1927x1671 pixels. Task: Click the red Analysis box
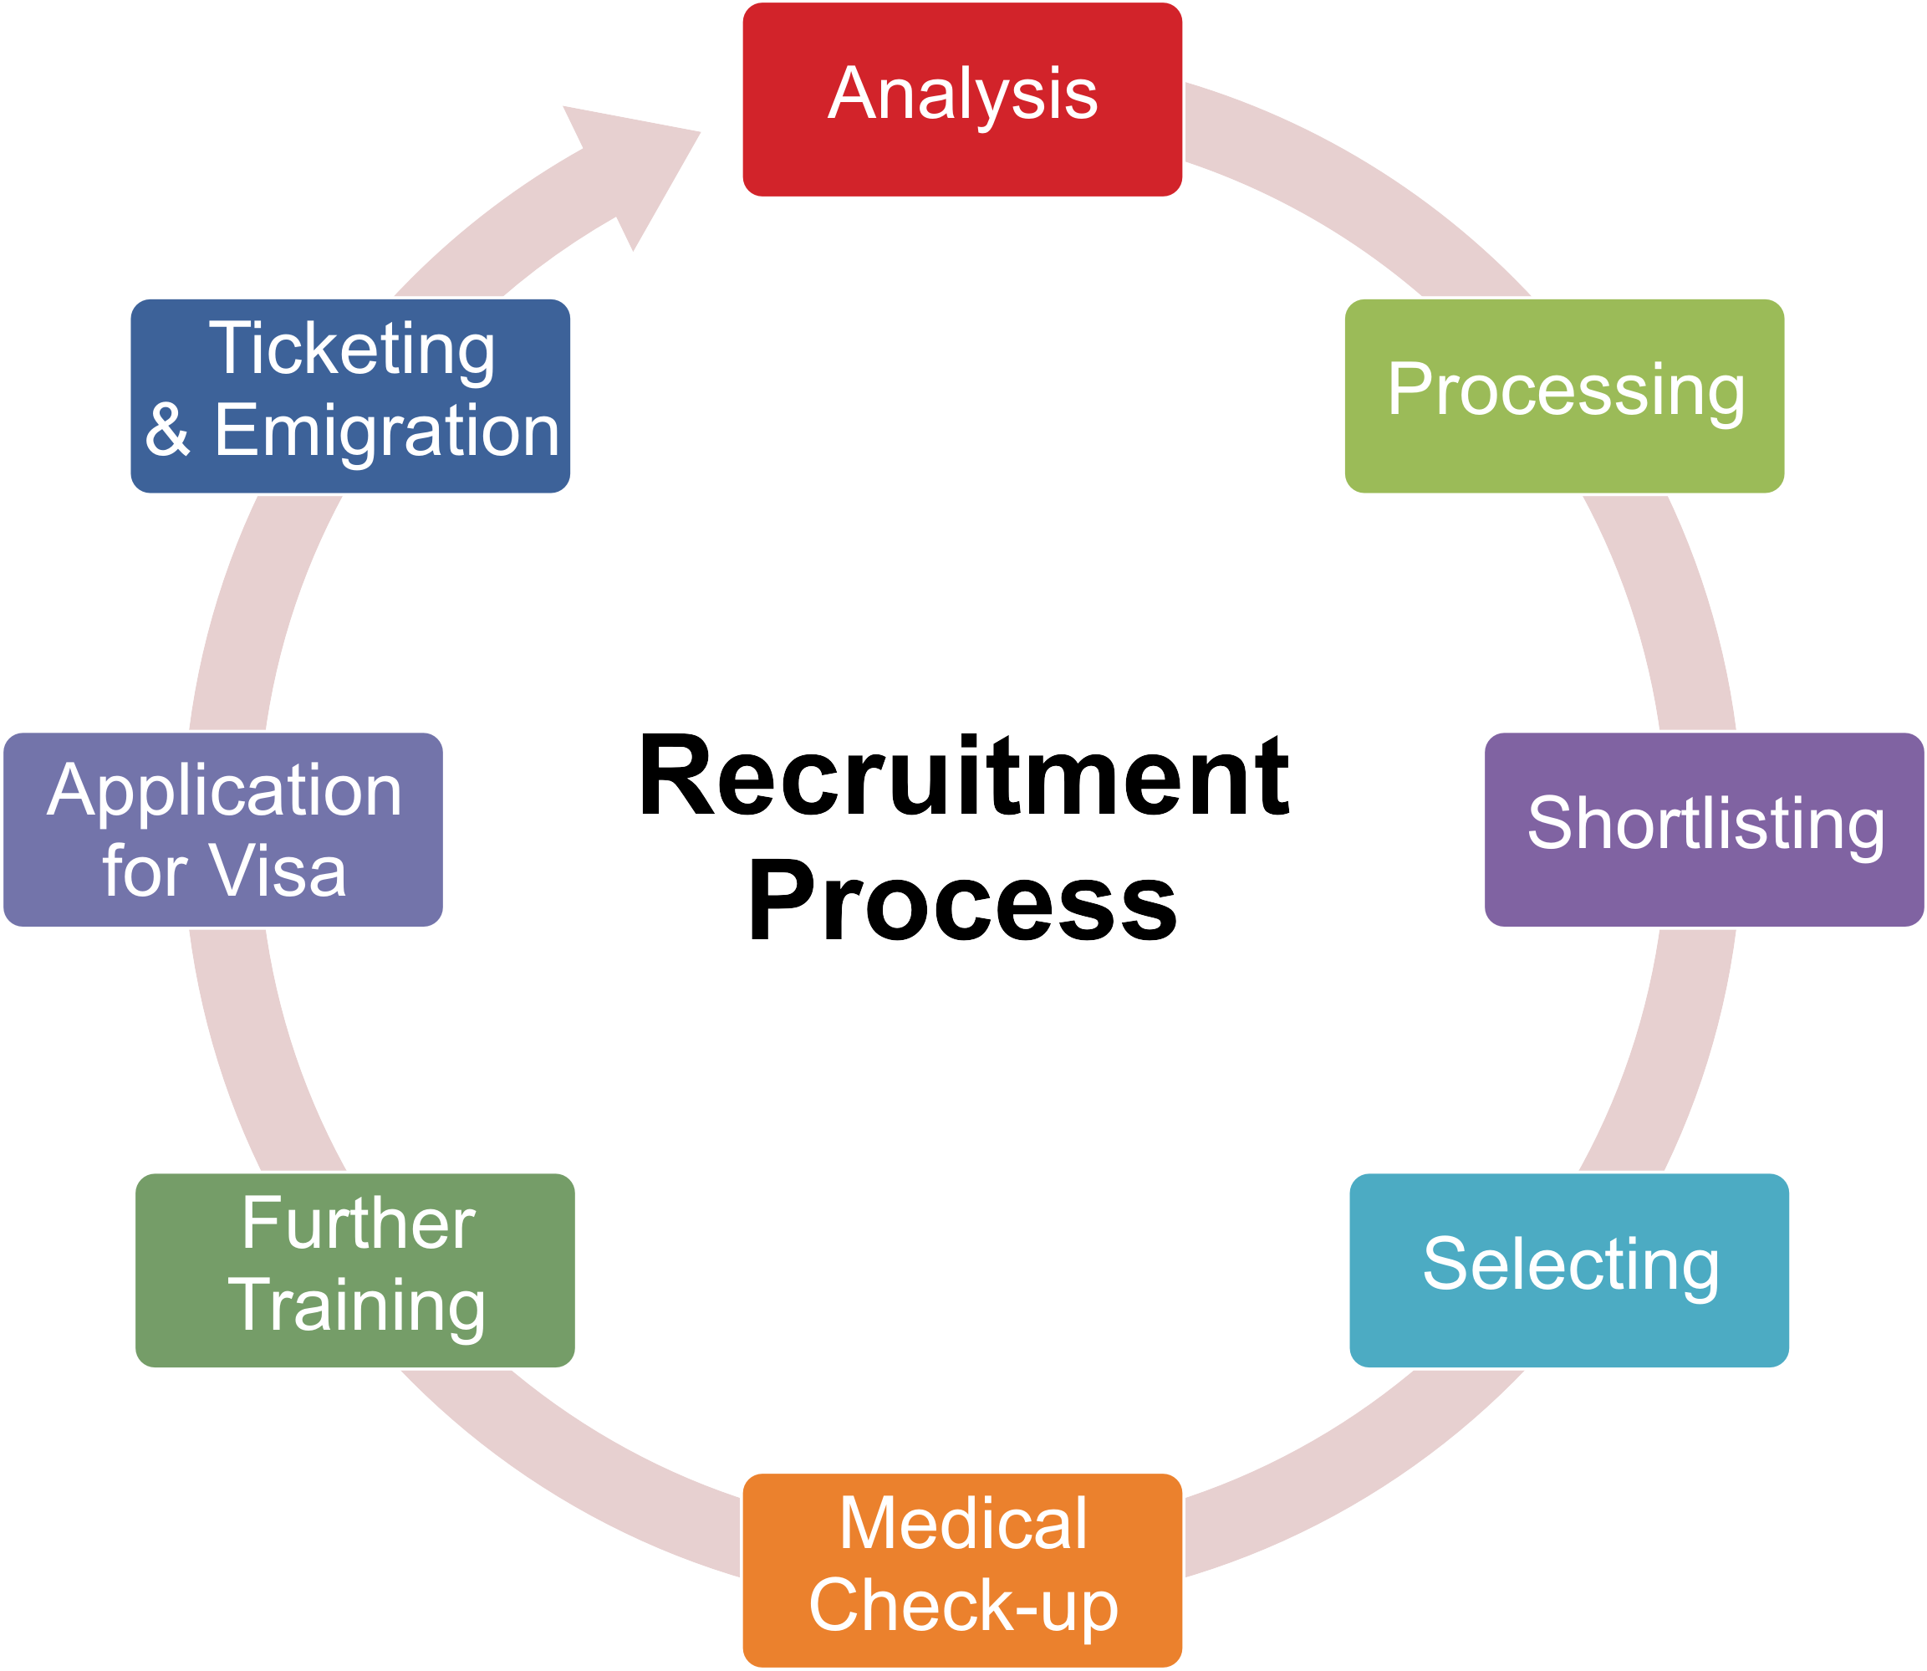point(961,100)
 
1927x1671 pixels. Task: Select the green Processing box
point(1563,396)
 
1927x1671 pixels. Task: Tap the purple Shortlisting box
point(1703,829)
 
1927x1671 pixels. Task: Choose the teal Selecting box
point(1568,1270)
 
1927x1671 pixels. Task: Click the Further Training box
point(354,1270)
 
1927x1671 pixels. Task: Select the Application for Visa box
point(223,829)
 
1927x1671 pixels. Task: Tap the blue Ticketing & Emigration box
point(349,396)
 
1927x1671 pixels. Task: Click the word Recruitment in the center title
point(963,776)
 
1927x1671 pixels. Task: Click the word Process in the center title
point(961,902)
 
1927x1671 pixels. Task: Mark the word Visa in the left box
point(277,871)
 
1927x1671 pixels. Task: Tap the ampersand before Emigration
point(168,430)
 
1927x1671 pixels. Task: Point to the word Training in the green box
point(356,1305)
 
